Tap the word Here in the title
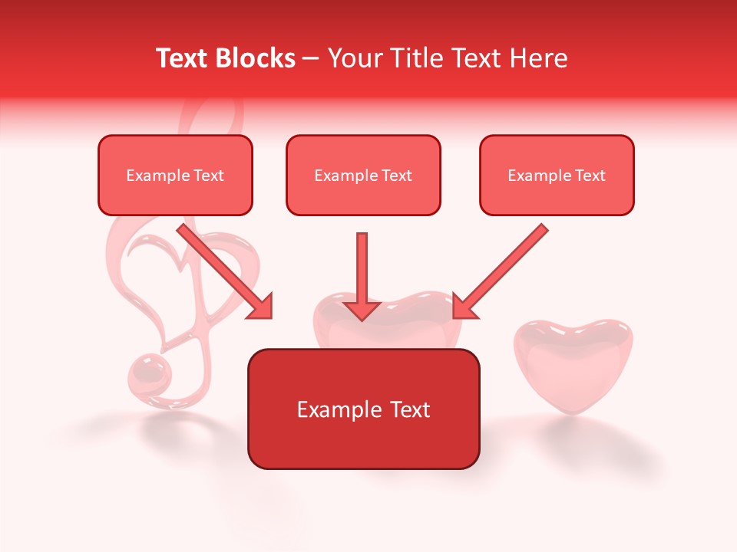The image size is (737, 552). [x=537, y=58]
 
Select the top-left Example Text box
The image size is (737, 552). [x=175, y=176]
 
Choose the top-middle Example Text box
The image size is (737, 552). [x=363, y=176]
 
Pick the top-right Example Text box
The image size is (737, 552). [x=557, y=176]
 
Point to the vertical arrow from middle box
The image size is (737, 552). [x=362, y=264]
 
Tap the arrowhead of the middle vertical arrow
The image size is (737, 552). [x=362, y=310]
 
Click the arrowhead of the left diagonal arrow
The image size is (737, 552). [x=260, y=307]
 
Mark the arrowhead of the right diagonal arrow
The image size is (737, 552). [x=464, y=306]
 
